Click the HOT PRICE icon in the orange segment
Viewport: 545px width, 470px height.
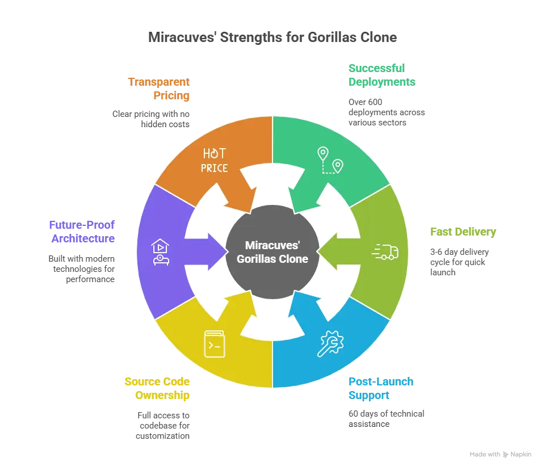coord(214,160)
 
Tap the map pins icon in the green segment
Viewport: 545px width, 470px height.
coord(330,160)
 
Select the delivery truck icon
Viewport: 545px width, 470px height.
coord(385,251)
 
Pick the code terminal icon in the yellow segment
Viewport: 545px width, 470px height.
coord(215,343)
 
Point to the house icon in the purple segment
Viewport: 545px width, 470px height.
coord(160,252)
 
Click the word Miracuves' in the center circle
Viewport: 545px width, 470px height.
coord(272,246)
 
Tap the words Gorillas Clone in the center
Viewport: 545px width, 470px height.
coord(272,259)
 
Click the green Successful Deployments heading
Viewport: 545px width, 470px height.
coord(381,74)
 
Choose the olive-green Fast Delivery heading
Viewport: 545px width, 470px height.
coord(463,232)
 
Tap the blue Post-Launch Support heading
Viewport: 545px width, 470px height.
coord(379,388)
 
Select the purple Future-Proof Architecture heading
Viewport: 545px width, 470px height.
coord(82,232)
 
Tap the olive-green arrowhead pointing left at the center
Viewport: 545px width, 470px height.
coord(327,251)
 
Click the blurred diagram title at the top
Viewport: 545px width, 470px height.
coord(272,38)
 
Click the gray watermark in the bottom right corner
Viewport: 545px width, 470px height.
coord(499,454)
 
